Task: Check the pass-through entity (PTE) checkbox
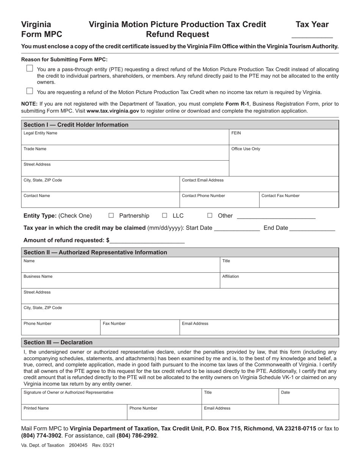pyautogui.click(x=30, y=69)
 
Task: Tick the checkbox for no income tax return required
pyautogui.click(x=30, y=91)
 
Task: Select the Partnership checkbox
pyautogui.click(x=111, y=216)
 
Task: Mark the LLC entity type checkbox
pyautogui.click(x=164, y=216)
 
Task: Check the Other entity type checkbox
pyautogui.click(x=210, y=216)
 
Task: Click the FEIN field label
pyautogui.click(x=236, y=133)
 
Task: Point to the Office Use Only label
pyautogui.click(x=246, y=149)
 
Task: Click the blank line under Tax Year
pyautogui.click(x=312, y=36)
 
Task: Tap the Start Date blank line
pyautogui.click(x=237, y=229)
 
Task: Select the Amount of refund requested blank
pyautogui.click(x=147, y=241)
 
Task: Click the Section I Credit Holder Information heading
pyautogui.click(x=76, y=125)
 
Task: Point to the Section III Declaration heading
pyautogui.click(x=58, y=342)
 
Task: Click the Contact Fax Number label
pyautogui.click(x=280, y=196)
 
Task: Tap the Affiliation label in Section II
pyautogui.click(x=230, y=277)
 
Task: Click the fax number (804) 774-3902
pyautogui.click(x=41, y=436)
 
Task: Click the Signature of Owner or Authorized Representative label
pyautogui.click(x=68, y=393)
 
